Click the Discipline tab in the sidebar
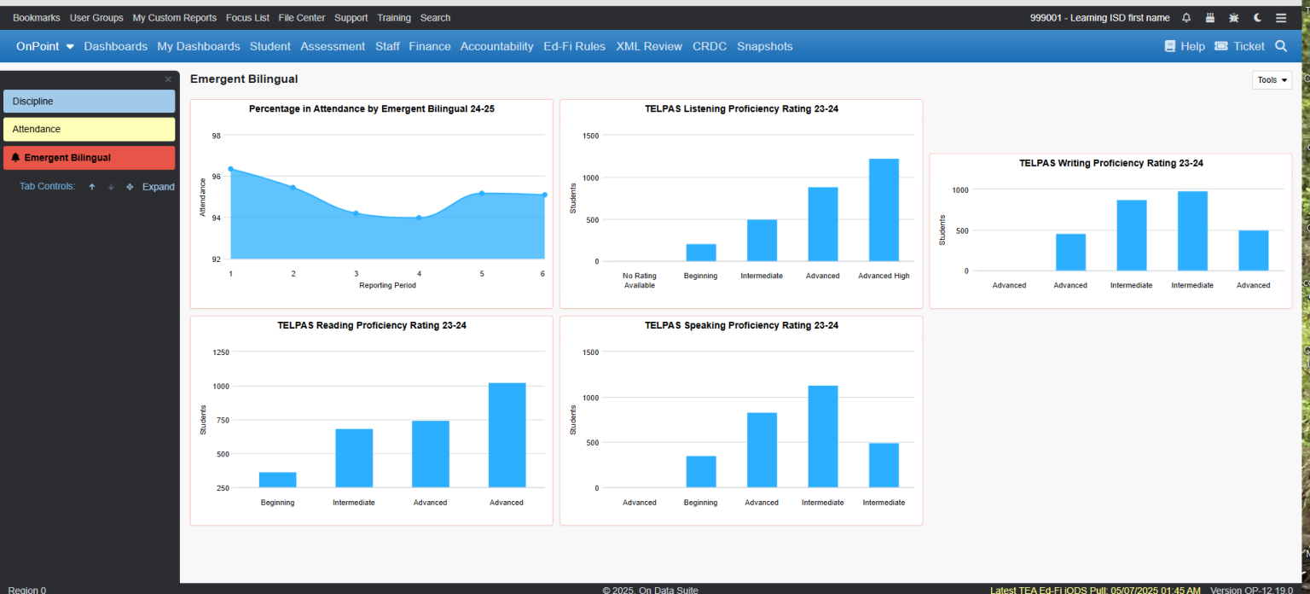[x=89, y=102]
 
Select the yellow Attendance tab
[x=89, y=130]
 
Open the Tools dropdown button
[x=1272, y=80]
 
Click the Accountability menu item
[x=496, y=47]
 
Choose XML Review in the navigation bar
[x=649, y=47]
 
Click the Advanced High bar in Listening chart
[x=884, y=210]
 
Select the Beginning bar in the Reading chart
[x=277, y=480]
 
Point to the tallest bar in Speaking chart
[x=823, y=436]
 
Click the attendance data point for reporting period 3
[x=356, y=213]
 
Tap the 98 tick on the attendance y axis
[x=216, y=136]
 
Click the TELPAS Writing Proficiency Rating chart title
[x=1110, y=163]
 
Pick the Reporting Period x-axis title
[x=387, y=285]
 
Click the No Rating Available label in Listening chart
[x=639, y=280]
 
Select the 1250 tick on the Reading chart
[x=220, y=352]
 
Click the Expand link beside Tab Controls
[x=158, y=187]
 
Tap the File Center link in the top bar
[x=301, y=18]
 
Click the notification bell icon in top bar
[x=1186, y=18]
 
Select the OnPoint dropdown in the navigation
[x=44, y=47]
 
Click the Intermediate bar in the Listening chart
[x=762, y=240]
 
